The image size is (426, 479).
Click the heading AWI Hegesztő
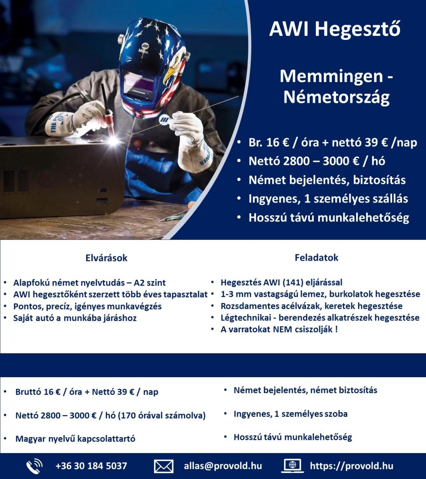coord(335,29)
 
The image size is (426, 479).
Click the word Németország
coord(336,97)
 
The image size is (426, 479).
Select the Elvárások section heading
coord(106,258)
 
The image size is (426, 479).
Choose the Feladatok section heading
coord(316,257)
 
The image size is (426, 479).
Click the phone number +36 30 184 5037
coord(91,466)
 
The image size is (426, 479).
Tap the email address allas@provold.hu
coord(223,466)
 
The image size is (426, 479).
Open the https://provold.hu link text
coord(351,466)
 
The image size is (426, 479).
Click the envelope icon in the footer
coord(164,466)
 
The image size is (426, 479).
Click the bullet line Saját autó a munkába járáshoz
coord(75,318)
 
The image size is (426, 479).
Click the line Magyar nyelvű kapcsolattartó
coord(75,439)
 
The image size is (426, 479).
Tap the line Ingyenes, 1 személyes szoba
coord(290,414)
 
